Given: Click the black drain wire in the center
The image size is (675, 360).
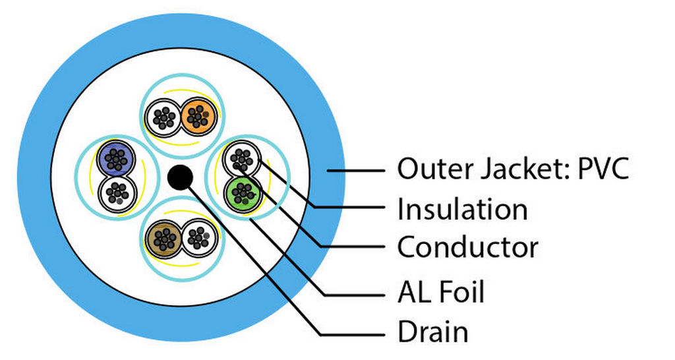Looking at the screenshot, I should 179,177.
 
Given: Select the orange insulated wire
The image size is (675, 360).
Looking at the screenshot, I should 196,117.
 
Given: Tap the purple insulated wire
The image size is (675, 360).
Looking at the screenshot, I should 116,159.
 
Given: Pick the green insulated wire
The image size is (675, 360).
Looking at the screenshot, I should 242,193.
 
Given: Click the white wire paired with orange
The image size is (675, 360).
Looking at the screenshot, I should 163,117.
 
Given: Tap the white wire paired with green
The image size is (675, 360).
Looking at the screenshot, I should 241,160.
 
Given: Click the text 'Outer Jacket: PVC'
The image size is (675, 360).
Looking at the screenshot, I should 513,169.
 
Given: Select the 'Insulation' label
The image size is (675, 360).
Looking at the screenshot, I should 462,210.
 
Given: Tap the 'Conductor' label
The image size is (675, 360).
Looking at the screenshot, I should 467,248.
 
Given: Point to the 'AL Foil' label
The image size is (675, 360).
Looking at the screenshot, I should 440,292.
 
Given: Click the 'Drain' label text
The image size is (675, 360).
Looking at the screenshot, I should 432,331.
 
